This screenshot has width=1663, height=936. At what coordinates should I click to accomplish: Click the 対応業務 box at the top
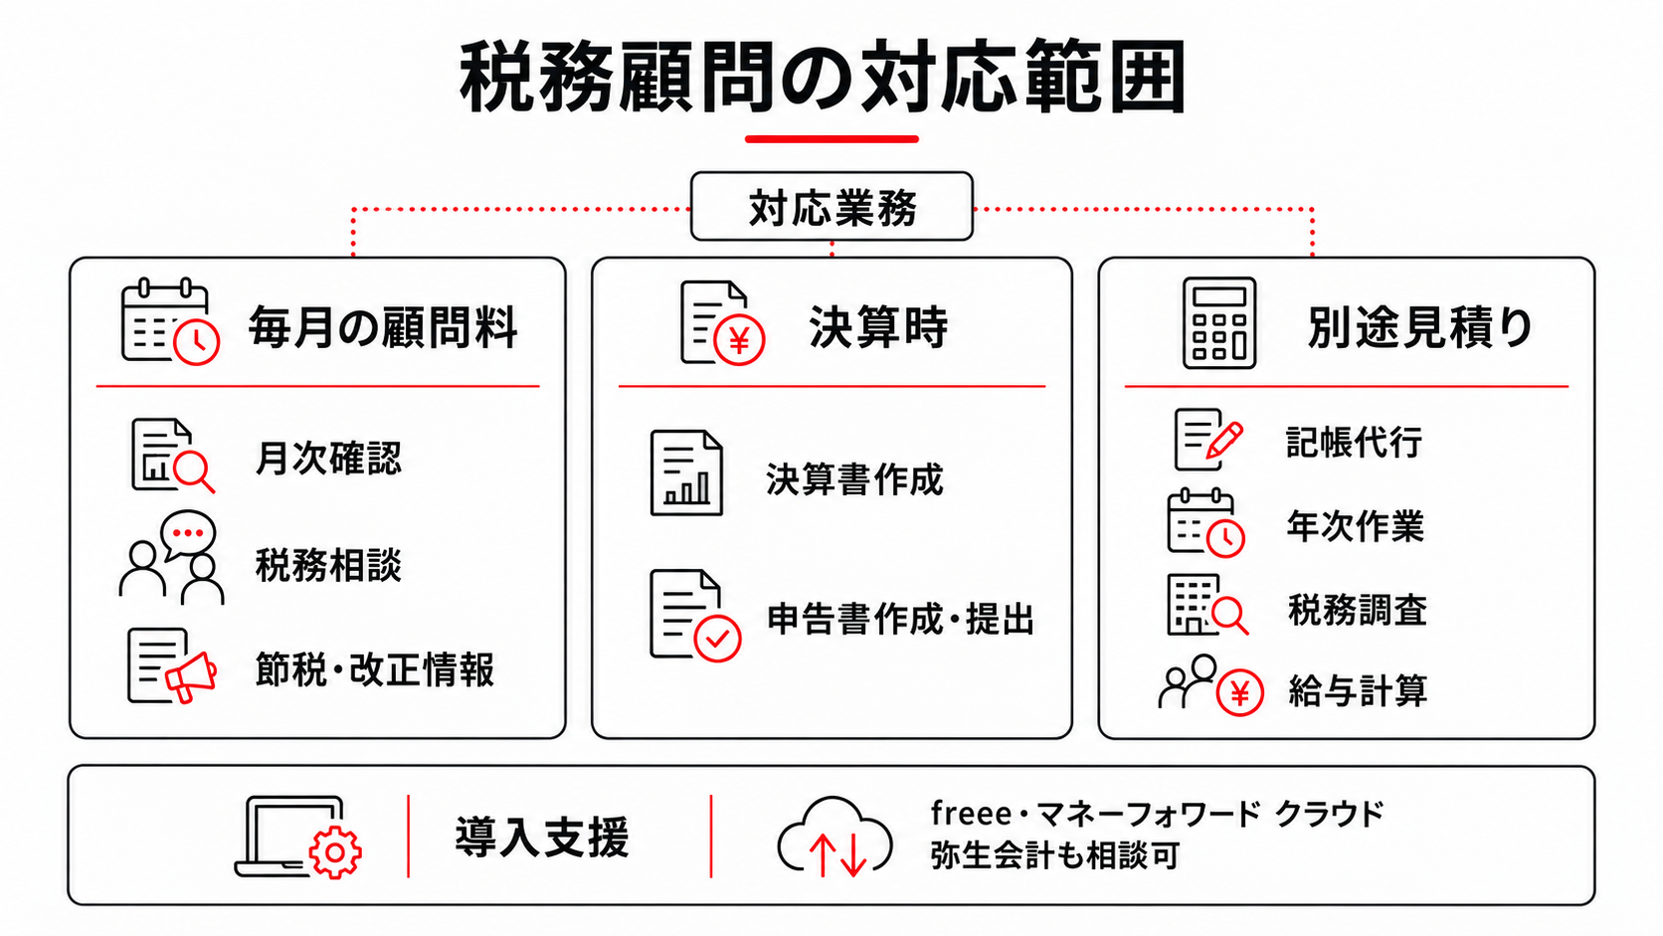(831, 206)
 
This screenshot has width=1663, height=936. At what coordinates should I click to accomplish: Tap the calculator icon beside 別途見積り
(1219, 323)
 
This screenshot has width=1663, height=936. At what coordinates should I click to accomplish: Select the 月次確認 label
(328, 458)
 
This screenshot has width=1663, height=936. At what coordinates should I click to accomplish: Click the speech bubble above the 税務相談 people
(189, 534)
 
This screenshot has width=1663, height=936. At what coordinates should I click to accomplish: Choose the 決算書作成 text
(854, 479)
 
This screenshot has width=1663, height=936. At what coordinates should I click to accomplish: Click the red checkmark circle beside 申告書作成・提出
(717, 638)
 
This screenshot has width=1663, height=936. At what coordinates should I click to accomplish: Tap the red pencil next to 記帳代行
(1224, 440)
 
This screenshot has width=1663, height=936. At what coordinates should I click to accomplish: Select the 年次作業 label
(1356, 526)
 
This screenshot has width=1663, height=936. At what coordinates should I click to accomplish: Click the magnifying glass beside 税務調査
(1229, 616)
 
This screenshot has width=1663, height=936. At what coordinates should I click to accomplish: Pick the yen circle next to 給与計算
(1240, 692)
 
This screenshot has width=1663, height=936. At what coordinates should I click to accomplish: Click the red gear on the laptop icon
(335, 852)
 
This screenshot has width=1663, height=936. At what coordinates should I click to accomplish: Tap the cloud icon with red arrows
(834, 838)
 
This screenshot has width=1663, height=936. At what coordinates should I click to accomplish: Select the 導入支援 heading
(542, 838)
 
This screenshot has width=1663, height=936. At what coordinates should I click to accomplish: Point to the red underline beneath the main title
(831, 139)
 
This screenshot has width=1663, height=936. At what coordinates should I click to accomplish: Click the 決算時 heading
(878, 327)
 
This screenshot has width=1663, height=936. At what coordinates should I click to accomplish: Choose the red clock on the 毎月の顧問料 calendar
(197, 342)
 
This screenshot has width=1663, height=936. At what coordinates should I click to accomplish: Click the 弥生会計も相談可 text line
(1055, 855)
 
